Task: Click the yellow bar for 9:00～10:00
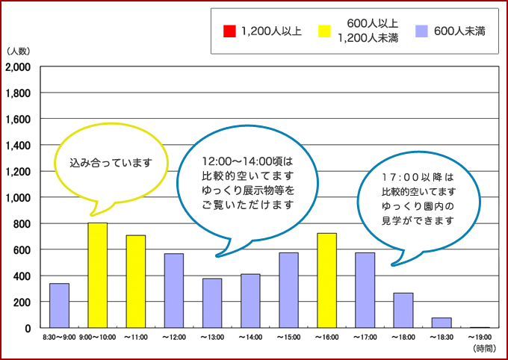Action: coord(98,275)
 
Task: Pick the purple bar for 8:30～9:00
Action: coord(60,305)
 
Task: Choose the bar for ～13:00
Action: coord(212,303)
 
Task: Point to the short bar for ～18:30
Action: coord(441,323)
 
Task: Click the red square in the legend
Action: coord(229,31)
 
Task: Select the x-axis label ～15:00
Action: coord(288,338)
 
